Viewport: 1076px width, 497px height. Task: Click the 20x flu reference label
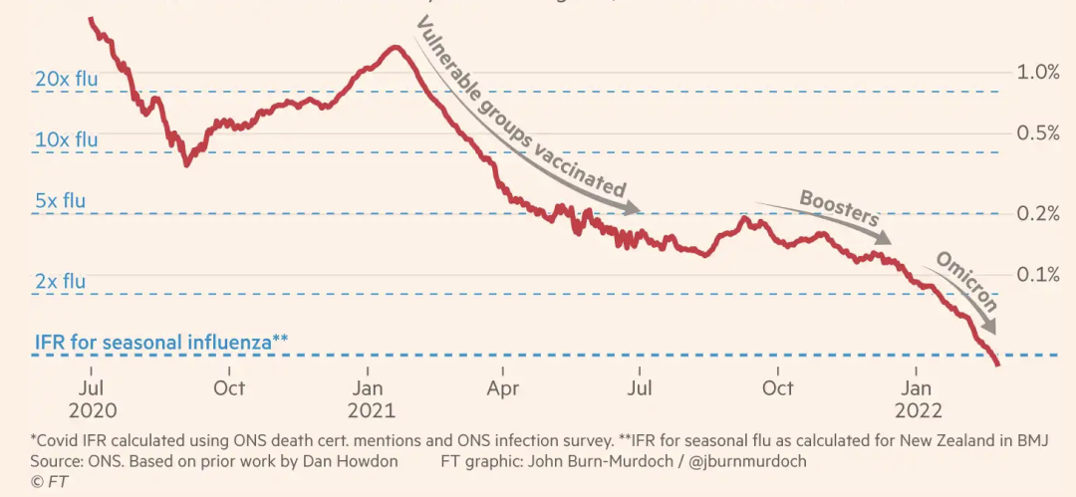pyautogui.click(x=67, y=78)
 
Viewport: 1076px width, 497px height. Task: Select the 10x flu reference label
pyautogui.click(x=67, y=139)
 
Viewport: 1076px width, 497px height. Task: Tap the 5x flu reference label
pyautogui.click(x=60, y=200)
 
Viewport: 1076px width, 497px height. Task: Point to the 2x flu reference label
pyautogui.click(x=60, y=282)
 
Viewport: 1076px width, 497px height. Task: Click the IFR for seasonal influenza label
pyautogui.click(x=161, y=342)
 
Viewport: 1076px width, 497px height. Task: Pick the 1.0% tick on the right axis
pyautogui.click(x=1037, y=72)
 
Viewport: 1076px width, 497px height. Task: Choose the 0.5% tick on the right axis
pyautogui.click(x=1037, y=132)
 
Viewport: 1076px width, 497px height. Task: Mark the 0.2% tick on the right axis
pyautogui.click(x=1037, y=214)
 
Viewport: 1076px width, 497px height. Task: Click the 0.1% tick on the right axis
pyautogui.click(x=1037, y=275)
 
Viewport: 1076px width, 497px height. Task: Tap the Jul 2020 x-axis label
pyautogui.click(x=92, y=398)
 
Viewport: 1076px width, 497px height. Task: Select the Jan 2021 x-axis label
pyautogui.click(x=371, y=398)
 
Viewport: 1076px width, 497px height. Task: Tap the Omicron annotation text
pyautogui.click(x=965, y=281)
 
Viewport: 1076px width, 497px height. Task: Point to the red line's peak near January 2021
pyautogui.click(x=396, y=47)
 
